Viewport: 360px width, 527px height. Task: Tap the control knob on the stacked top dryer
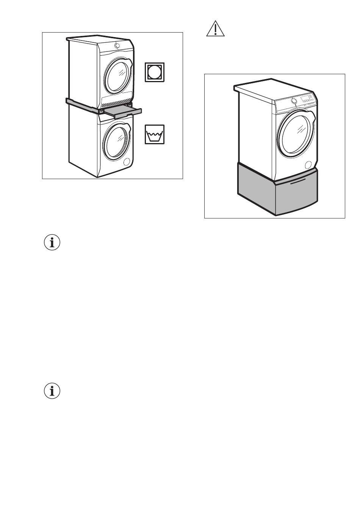[x=117, y=46]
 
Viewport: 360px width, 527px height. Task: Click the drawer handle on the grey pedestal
[x=298, y=184]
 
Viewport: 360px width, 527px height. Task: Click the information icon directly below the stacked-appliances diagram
[x=52, y=243]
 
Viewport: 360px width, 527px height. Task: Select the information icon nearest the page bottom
[x=52, y=391]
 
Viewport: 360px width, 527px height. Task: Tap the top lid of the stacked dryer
[x=99, y=39]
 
